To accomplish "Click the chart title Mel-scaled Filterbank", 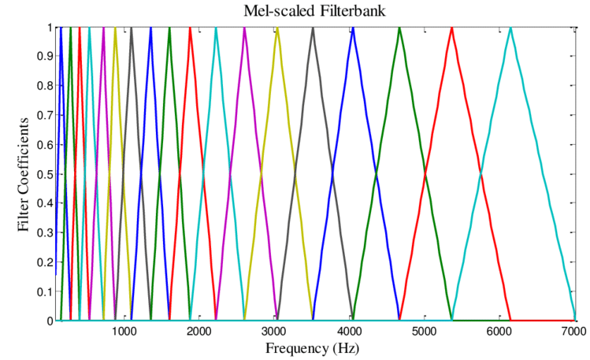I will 314,10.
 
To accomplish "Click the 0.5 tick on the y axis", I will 45,174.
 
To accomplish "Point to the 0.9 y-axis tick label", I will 45,57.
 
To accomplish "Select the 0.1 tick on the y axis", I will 45,291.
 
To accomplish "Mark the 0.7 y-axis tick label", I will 45,116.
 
